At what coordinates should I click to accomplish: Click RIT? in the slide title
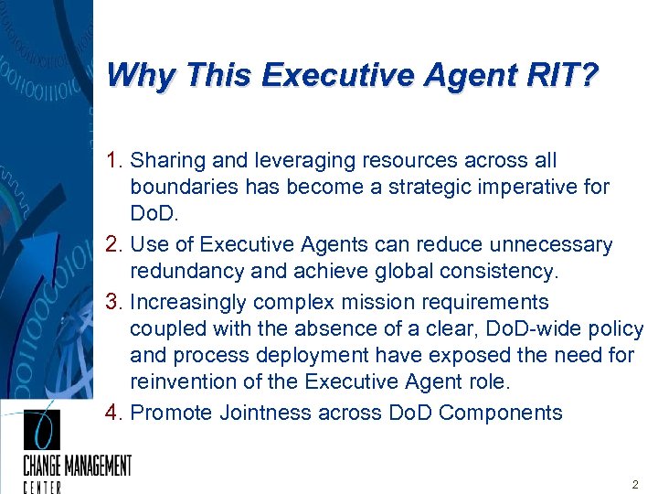tap(565, 74)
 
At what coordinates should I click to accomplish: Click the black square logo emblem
tap(41, 429)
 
